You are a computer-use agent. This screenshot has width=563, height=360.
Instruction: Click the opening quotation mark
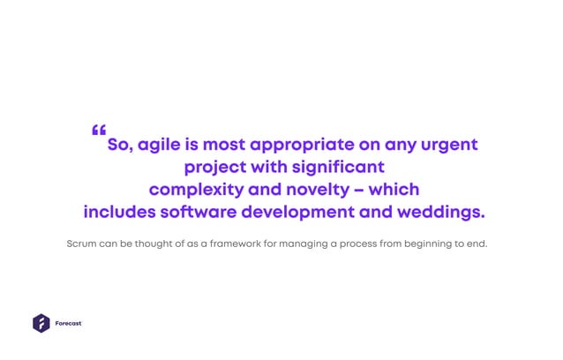tap(98, 131)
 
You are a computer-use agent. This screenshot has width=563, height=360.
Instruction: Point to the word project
tap(214, 168)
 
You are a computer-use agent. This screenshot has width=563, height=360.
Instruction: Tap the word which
tap(394, 190)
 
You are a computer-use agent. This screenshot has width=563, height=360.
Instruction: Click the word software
tap(199, 213)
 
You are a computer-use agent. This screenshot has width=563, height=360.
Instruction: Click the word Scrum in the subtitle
tap(81, 242)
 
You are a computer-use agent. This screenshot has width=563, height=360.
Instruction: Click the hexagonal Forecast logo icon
tap(41, 323)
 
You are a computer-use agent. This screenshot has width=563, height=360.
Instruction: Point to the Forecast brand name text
tap(68, 324)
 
